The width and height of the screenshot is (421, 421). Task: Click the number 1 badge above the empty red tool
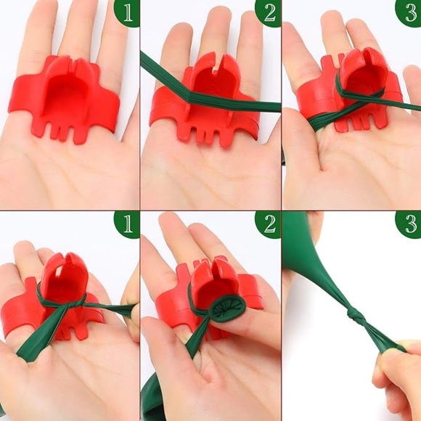point(128,12)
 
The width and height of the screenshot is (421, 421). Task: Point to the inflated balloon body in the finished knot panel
point(305,254)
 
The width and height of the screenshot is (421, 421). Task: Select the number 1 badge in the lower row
point(128,224)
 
